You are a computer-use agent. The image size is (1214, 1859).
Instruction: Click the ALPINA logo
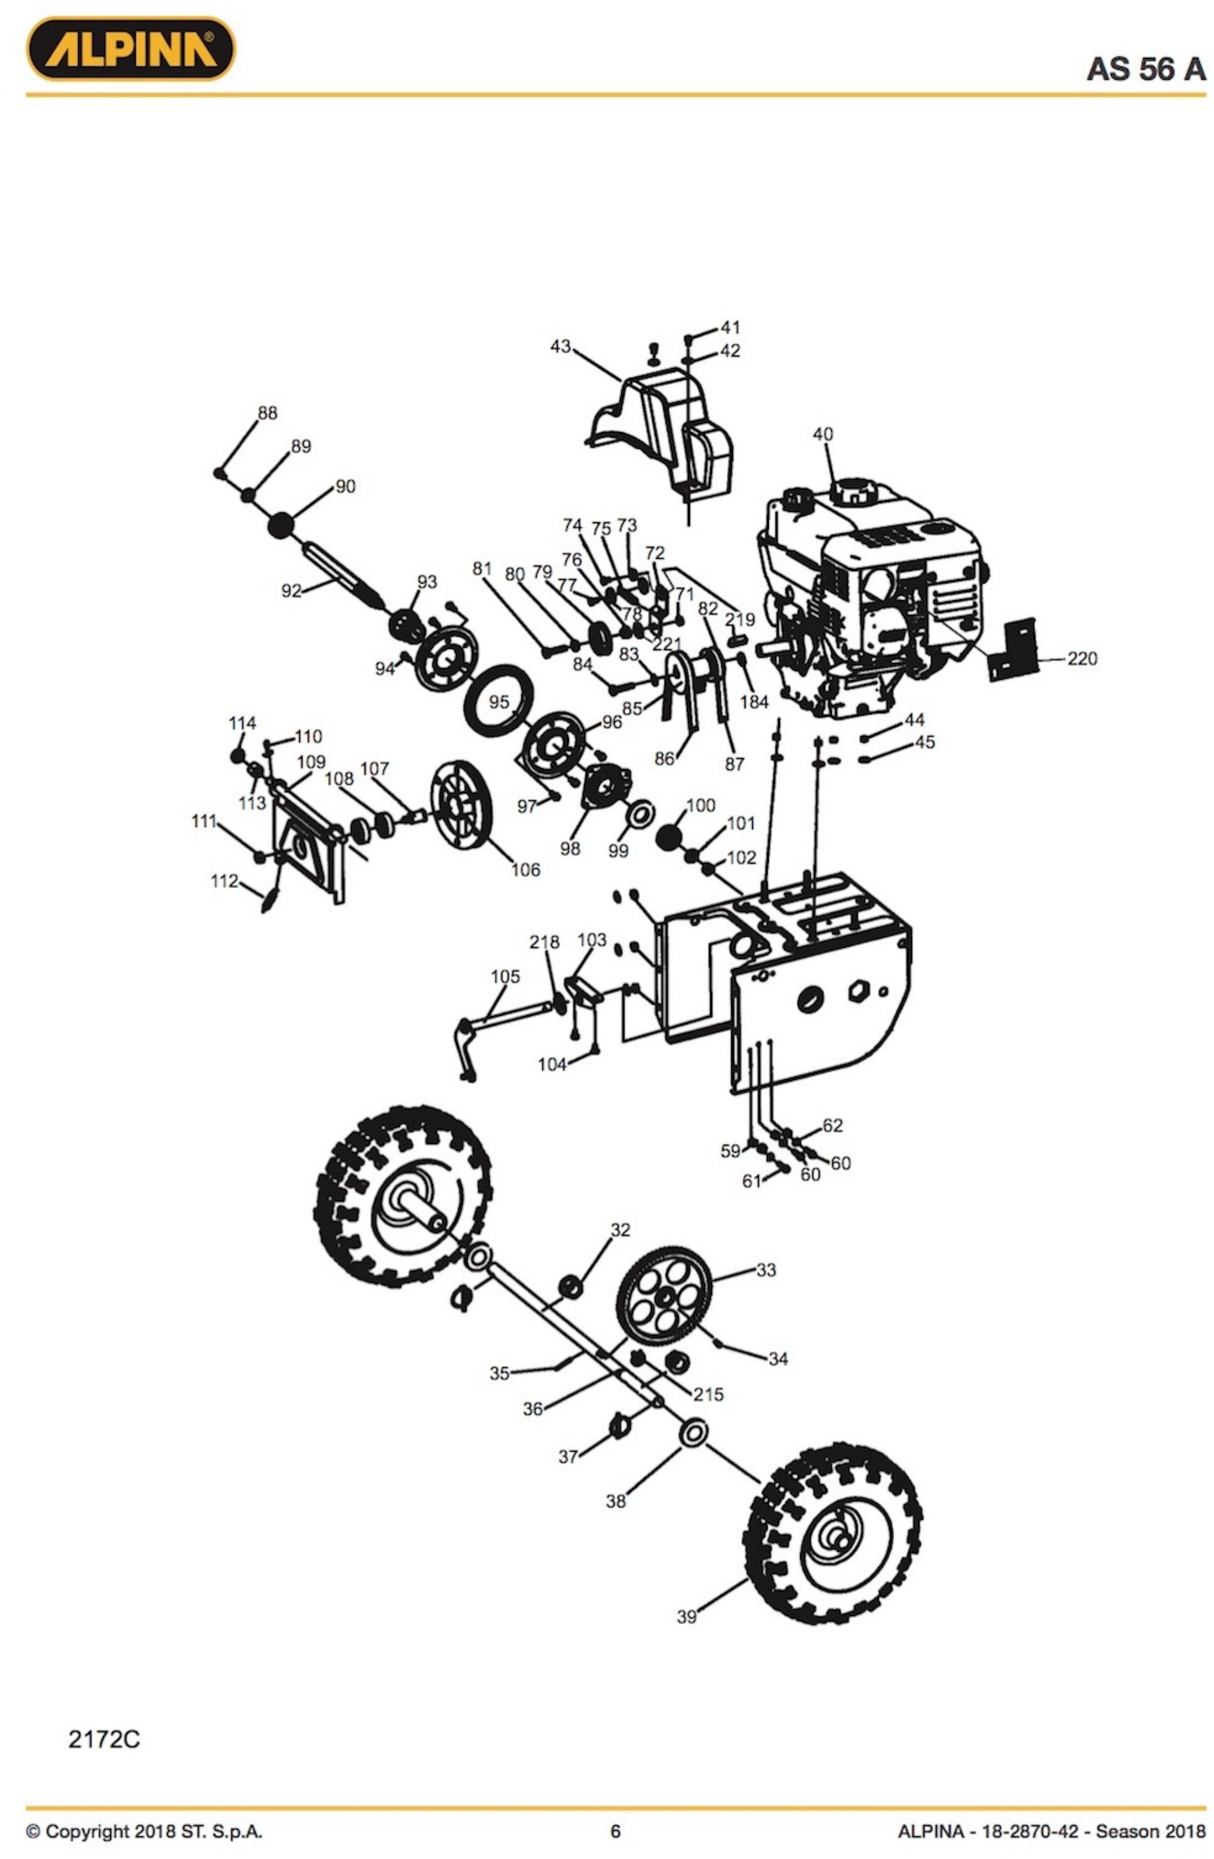pyautogui.click(x=130, y=49)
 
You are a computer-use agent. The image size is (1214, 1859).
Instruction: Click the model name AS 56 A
pyautogui.click(x=1146, y=69)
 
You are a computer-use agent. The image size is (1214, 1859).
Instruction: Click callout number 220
pyautogui.click(x=1082, y=658)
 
